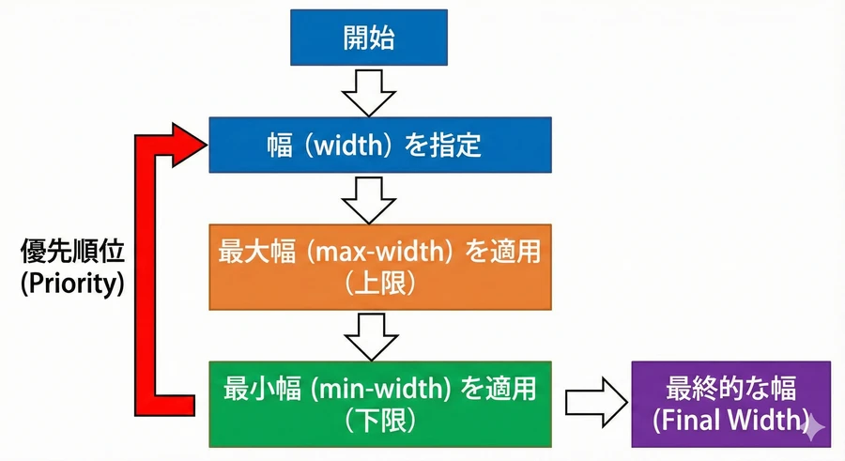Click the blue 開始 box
(x=368, y=39)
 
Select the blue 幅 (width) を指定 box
(x=379, y=145)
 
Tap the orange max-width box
(x=379, y=266)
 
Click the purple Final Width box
(x=730, y=404)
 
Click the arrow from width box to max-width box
(x=368, y=198)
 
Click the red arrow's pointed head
(x=188, y=142)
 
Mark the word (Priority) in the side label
(x=72, y=284)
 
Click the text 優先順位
(x=72, y=252)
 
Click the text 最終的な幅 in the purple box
(x=730, y=388)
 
